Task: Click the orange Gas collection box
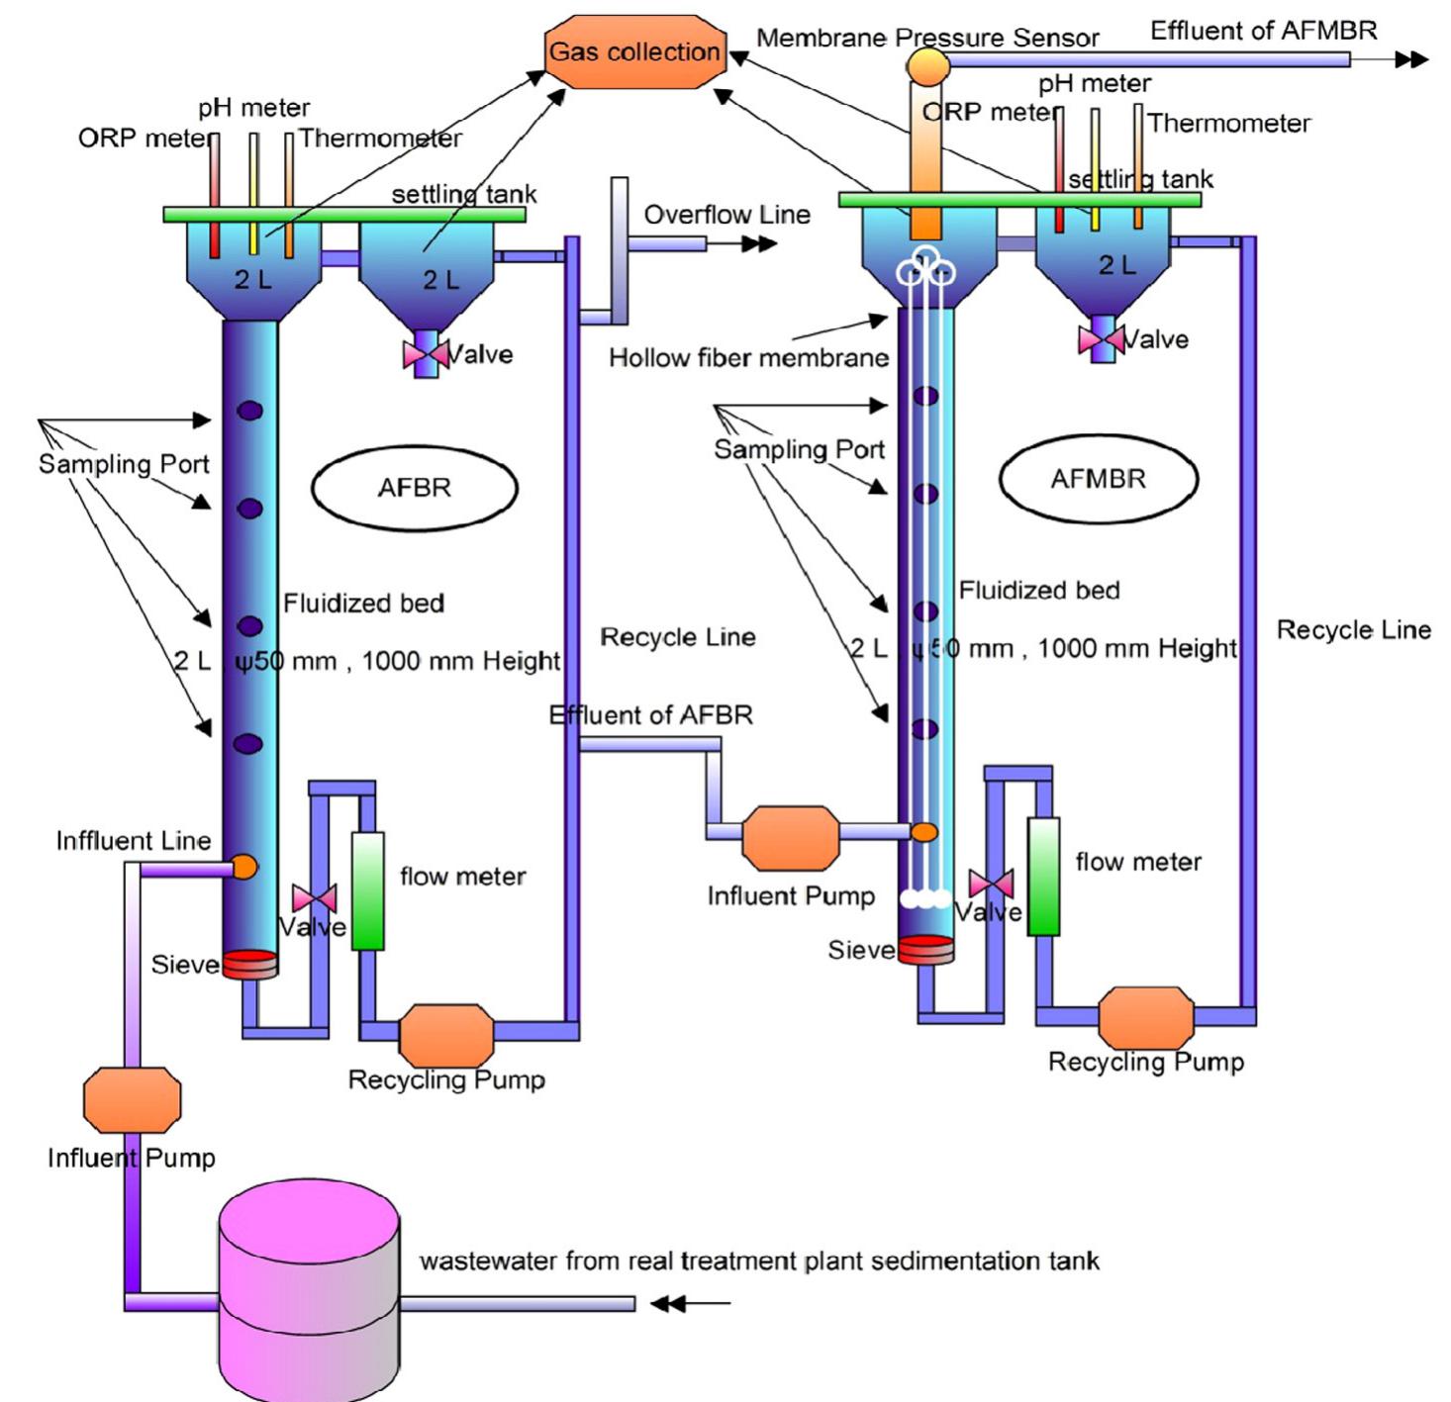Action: (634, 51)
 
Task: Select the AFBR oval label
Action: (414, 488)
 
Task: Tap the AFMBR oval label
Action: (1098, 479)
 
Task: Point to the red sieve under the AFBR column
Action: (249, 964)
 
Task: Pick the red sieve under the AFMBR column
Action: (925, 949)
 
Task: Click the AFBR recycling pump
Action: (445, 1034)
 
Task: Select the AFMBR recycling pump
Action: (1145, 1017)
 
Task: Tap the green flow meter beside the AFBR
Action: (367, 890)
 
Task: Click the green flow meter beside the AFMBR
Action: (1043, 877)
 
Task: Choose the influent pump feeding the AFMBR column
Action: (790, 838)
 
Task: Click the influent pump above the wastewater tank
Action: (132, 1099)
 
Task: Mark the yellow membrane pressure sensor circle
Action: (927, 67)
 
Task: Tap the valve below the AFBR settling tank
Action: (426, 353)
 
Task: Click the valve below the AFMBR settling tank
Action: (1101, 339)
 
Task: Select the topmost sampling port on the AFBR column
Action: (249, 410)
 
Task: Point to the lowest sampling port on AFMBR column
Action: (925, 729)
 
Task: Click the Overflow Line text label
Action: (726, 215)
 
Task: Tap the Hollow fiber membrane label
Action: (748, 358)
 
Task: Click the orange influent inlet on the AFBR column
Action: (243, 868)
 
